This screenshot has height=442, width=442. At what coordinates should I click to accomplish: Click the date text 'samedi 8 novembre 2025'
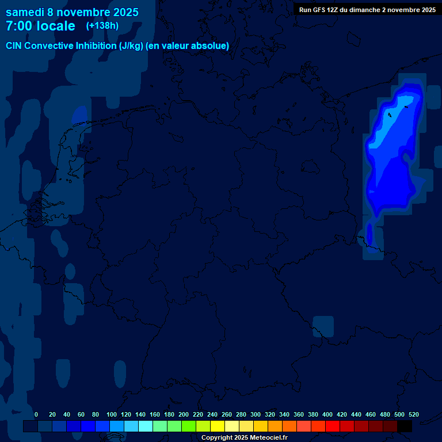pyautogui.click(x=72, y=12)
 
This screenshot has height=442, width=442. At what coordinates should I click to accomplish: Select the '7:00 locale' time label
pyautogui.click(x=40, y=26)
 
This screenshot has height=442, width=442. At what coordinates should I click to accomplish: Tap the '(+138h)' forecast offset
pyautogui.click(x=102, y=26)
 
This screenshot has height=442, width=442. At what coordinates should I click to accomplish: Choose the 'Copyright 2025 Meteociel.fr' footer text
pyautogui.click(x=244, y=437)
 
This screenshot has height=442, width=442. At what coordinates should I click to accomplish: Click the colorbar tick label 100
pyautogui.click(x=111, y=414)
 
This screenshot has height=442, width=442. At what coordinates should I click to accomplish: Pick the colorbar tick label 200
pyautogui.click(x=183, y=414)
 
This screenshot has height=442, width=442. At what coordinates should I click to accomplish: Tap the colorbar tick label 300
pyautogui.click(x=255, y=414)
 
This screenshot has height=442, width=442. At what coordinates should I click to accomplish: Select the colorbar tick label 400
pyautogui.click(x=327, y=414)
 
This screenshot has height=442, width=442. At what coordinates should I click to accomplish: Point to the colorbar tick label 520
pyautogui.click(x=413, y=414)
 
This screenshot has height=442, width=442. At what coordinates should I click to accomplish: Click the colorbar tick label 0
pyautogui.click(x=36, y=414)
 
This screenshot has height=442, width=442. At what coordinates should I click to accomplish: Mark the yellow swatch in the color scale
pyautogui.click(x=217, y=426)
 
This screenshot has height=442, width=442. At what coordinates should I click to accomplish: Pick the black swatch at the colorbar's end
pyautogui.click(x=405, y=426)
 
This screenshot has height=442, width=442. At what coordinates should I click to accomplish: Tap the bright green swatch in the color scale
pyautogui.click(x=189, y=426)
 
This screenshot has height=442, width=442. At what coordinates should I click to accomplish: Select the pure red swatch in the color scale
pyautogui.click(x=333, y=426)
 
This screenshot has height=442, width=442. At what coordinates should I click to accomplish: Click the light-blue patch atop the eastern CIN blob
pyautogui.click(x=406, y=104)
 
